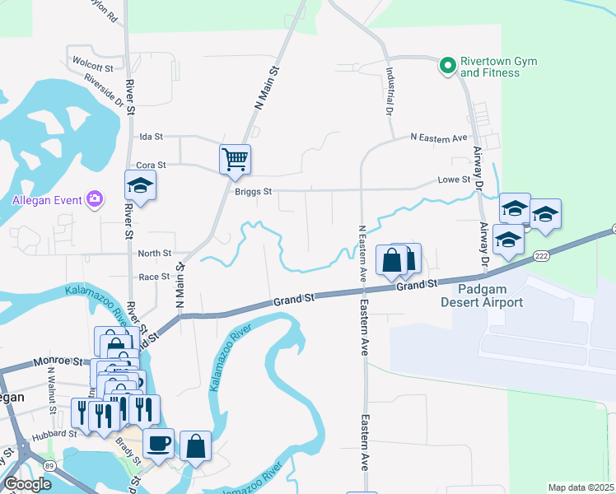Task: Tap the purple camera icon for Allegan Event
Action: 96,199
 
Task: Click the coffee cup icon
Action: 158,443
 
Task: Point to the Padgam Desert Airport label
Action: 482,296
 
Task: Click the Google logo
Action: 28,484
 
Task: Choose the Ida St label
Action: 152,136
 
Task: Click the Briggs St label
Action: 254,191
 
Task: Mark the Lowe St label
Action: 454,179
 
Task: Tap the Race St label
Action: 154,277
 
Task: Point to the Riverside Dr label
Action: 104,91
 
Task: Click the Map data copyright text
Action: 581,487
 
